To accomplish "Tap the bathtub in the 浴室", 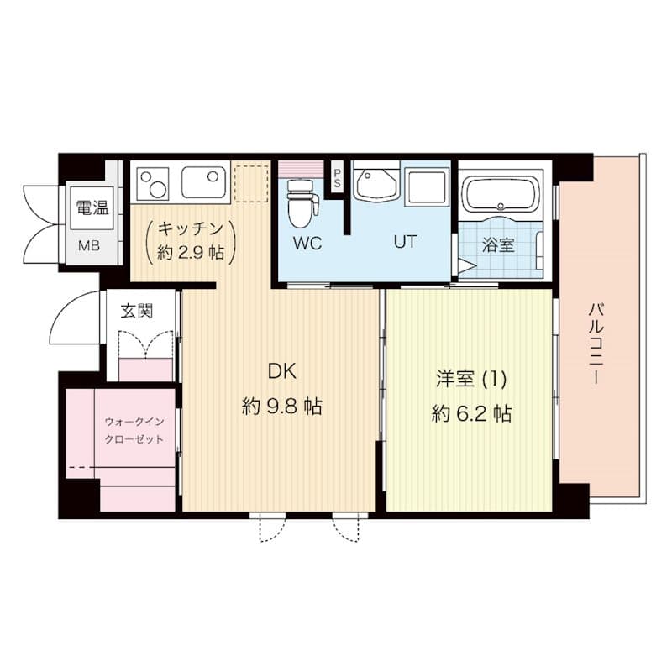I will (501, 195).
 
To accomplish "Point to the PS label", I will (338, 179).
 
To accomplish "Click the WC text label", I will (307, 244).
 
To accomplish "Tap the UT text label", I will (406, 242).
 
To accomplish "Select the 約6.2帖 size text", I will (471, 413).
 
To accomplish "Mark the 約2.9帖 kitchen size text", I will (186, 252).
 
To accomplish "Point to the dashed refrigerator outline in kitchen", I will (249, 183).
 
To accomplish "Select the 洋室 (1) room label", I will (470, 379).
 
